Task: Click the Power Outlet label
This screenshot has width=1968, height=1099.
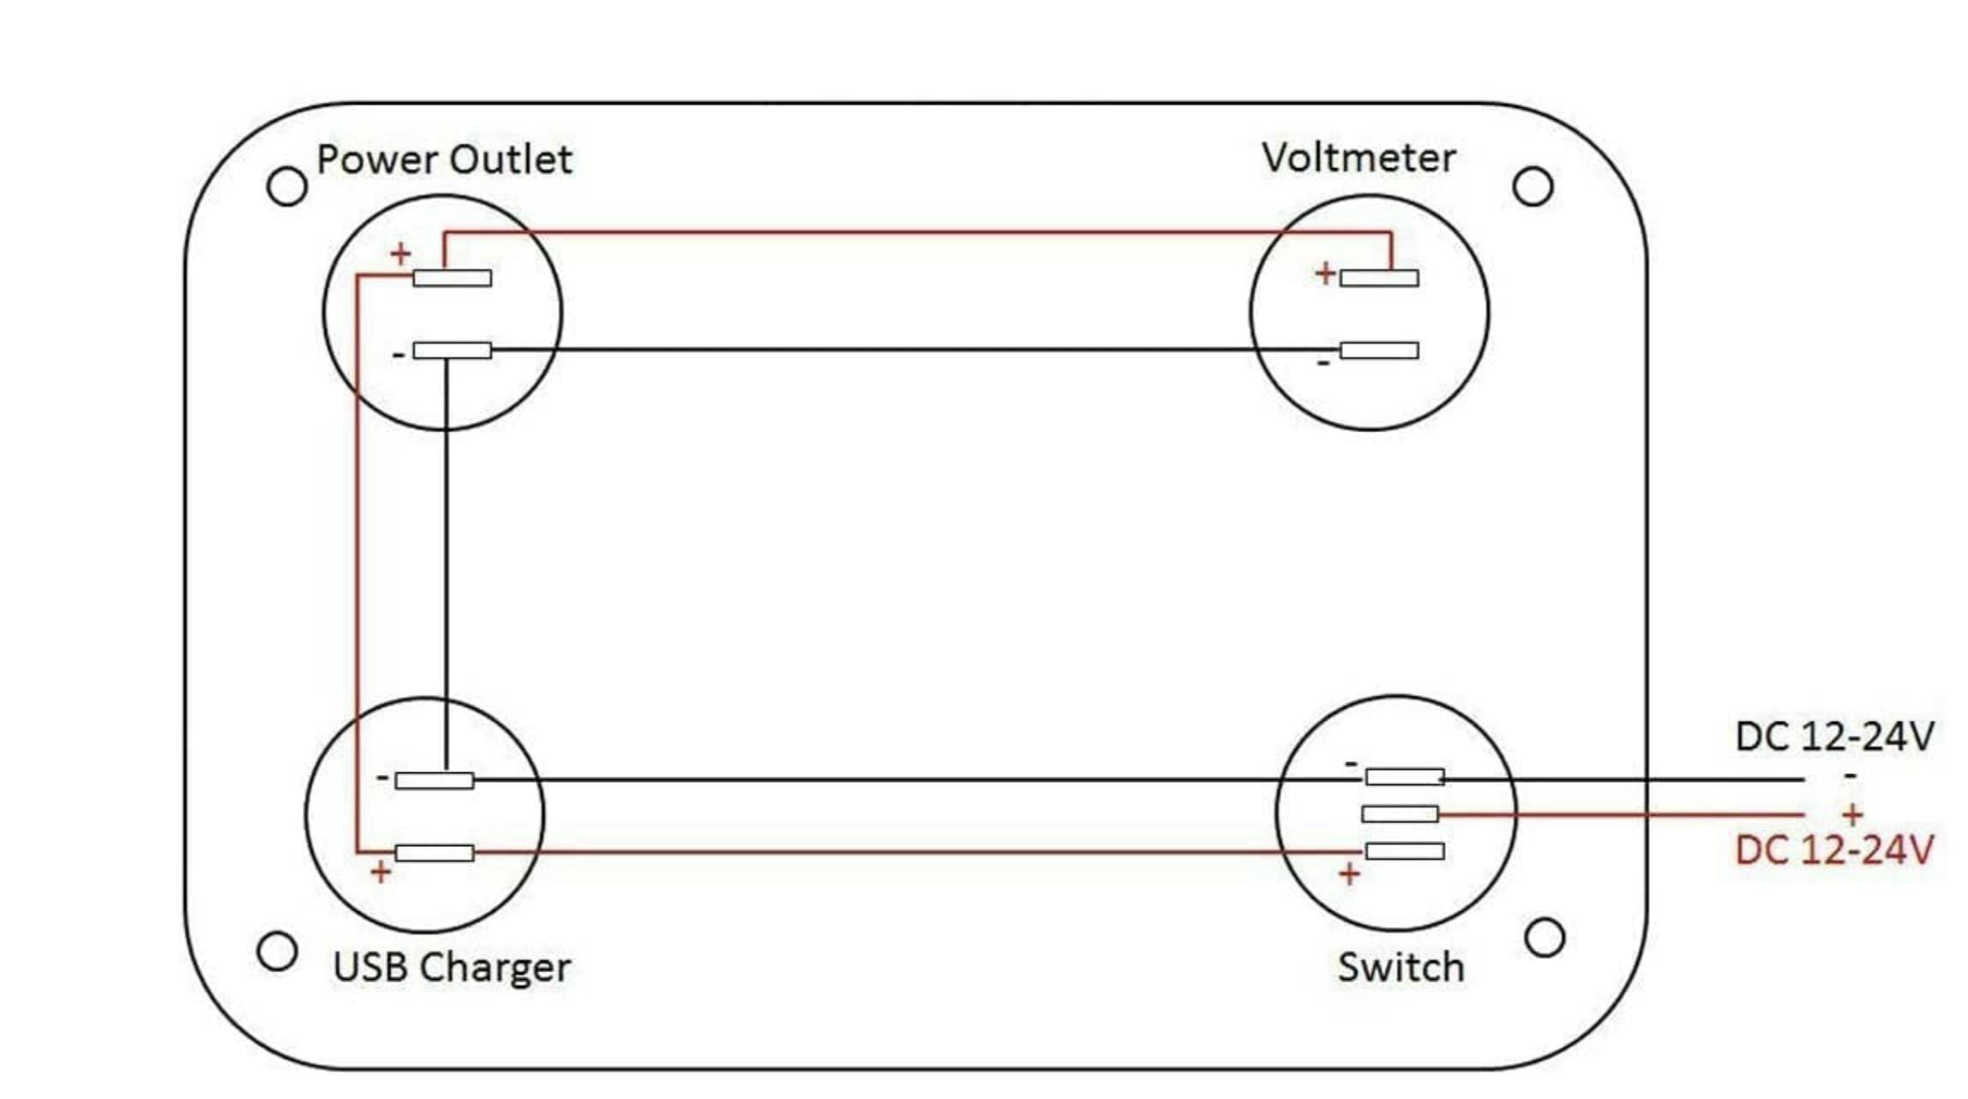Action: click(444, 159)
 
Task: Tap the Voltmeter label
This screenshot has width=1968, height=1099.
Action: click(1359, 158)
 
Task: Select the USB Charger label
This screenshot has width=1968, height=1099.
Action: click(452, 968)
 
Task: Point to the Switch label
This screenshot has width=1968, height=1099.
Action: click(1401, 967)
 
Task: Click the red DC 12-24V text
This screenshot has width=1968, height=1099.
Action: click(1834, 850)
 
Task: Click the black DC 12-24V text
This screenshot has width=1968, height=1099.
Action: click(1834, 736)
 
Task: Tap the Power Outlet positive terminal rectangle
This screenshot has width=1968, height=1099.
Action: click(453, 278)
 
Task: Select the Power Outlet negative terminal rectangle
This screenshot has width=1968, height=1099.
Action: click(453, 350)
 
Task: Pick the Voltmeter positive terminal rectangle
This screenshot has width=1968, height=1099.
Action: click(1379, 278)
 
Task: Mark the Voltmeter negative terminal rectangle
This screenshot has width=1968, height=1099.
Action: click(1379, 350)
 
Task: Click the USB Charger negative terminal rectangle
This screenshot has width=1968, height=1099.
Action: click(435, 780)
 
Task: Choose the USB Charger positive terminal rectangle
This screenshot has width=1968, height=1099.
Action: click(435, 852)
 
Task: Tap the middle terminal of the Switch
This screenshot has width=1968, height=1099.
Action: click(1401, 814)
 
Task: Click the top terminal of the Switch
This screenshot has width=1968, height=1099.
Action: click(1405, 778)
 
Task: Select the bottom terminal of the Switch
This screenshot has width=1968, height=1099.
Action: click(1405, 851)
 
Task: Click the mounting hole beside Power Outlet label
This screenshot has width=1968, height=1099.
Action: click(287, 186)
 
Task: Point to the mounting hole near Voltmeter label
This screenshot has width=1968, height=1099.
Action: click(1533, 187)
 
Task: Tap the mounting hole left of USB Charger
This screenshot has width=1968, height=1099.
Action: click(277, 952)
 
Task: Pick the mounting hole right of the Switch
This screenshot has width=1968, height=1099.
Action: click(1545, 938)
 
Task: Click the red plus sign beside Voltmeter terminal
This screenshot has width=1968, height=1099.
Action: click(1325, 273)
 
